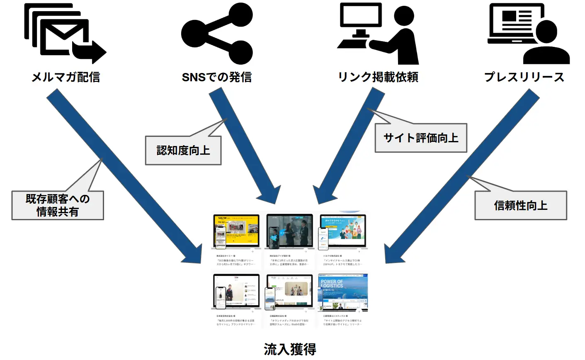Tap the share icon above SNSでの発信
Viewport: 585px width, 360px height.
[216, 34]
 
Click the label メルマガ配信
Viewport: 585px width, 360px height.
[66, 77]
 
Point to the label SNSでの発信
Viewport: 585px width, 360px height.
[216, 77]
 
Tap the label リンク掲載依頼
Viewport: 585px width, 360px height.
[378, 77]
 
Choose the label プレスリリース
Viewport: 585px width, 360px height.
[524, 77]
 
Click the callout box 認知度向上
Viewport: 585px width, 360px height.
[183, 150]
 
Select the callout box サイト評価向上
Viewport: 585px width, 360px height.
[421, 138]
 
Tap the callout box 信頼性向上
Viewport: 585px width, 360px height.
[520, 205]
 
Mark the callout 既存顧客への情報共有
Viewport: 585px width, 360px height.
[58, 205]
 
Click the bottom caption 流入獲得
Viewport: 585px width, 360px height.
[290, 349]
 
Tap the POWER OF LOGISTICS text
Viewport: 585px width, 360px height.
[332, 284]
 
